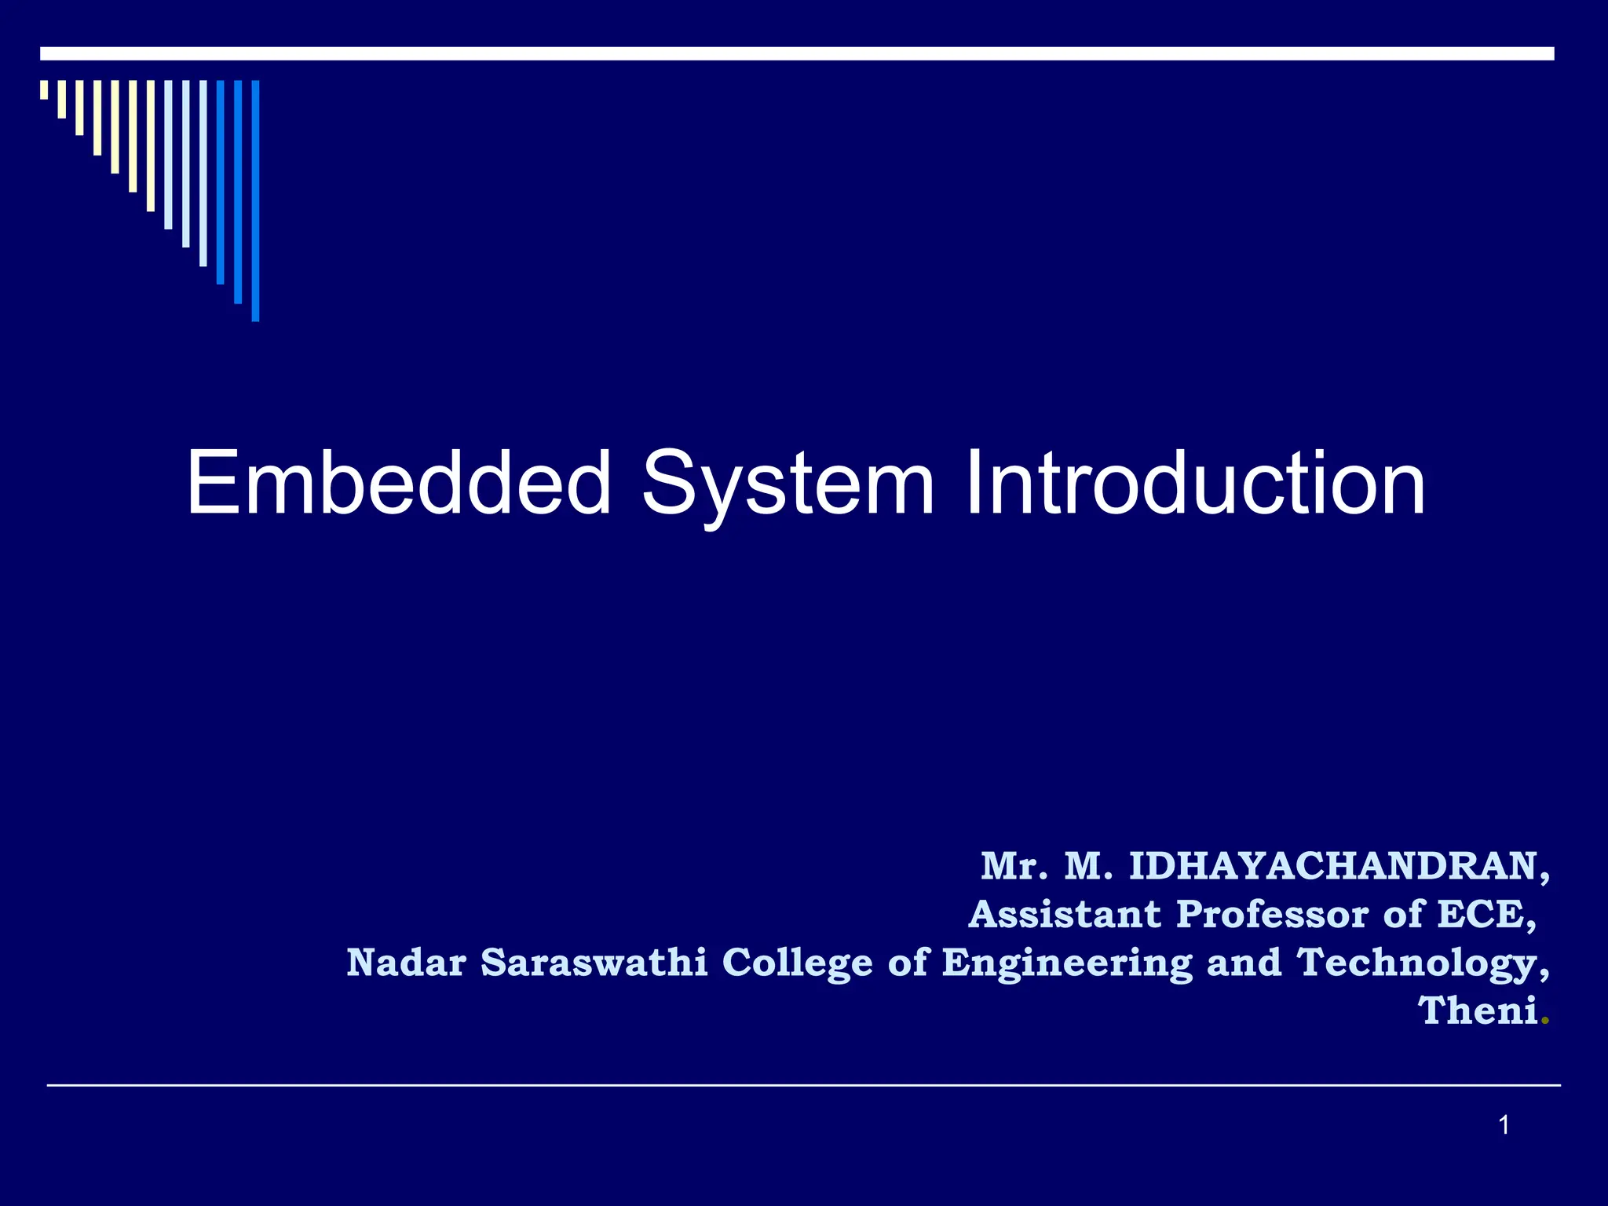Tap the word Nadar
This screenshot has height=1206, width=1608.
(x=406, y=963)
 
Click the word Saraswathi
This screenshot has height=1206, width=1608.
(x=594, y=963)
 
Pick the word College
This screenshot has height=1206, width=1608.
(x=796, y=964)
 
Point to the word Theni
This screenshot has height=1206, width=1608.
(x=1477, y=1010)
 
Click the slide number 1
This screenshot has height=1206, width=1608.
(x=1504, y=1126)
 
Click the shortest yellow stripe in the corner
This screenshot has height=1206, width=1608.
(x=44, y=90)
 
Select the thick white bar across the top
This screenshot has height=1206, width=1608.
(x=796, y=53)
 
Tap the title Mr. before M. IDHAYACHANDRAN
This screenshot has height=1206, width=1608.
(x=1014, y=867)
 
